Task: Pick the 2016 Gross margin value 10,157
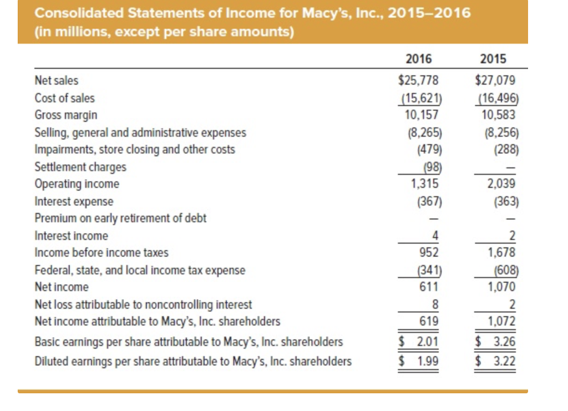(422, 115)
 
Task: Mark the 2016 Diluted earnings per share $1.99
(419, 362)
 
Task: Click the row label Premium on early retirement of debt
(120, 218)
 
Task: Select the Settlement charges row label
(80, 167)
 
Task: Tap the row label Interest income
(71, 236)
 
